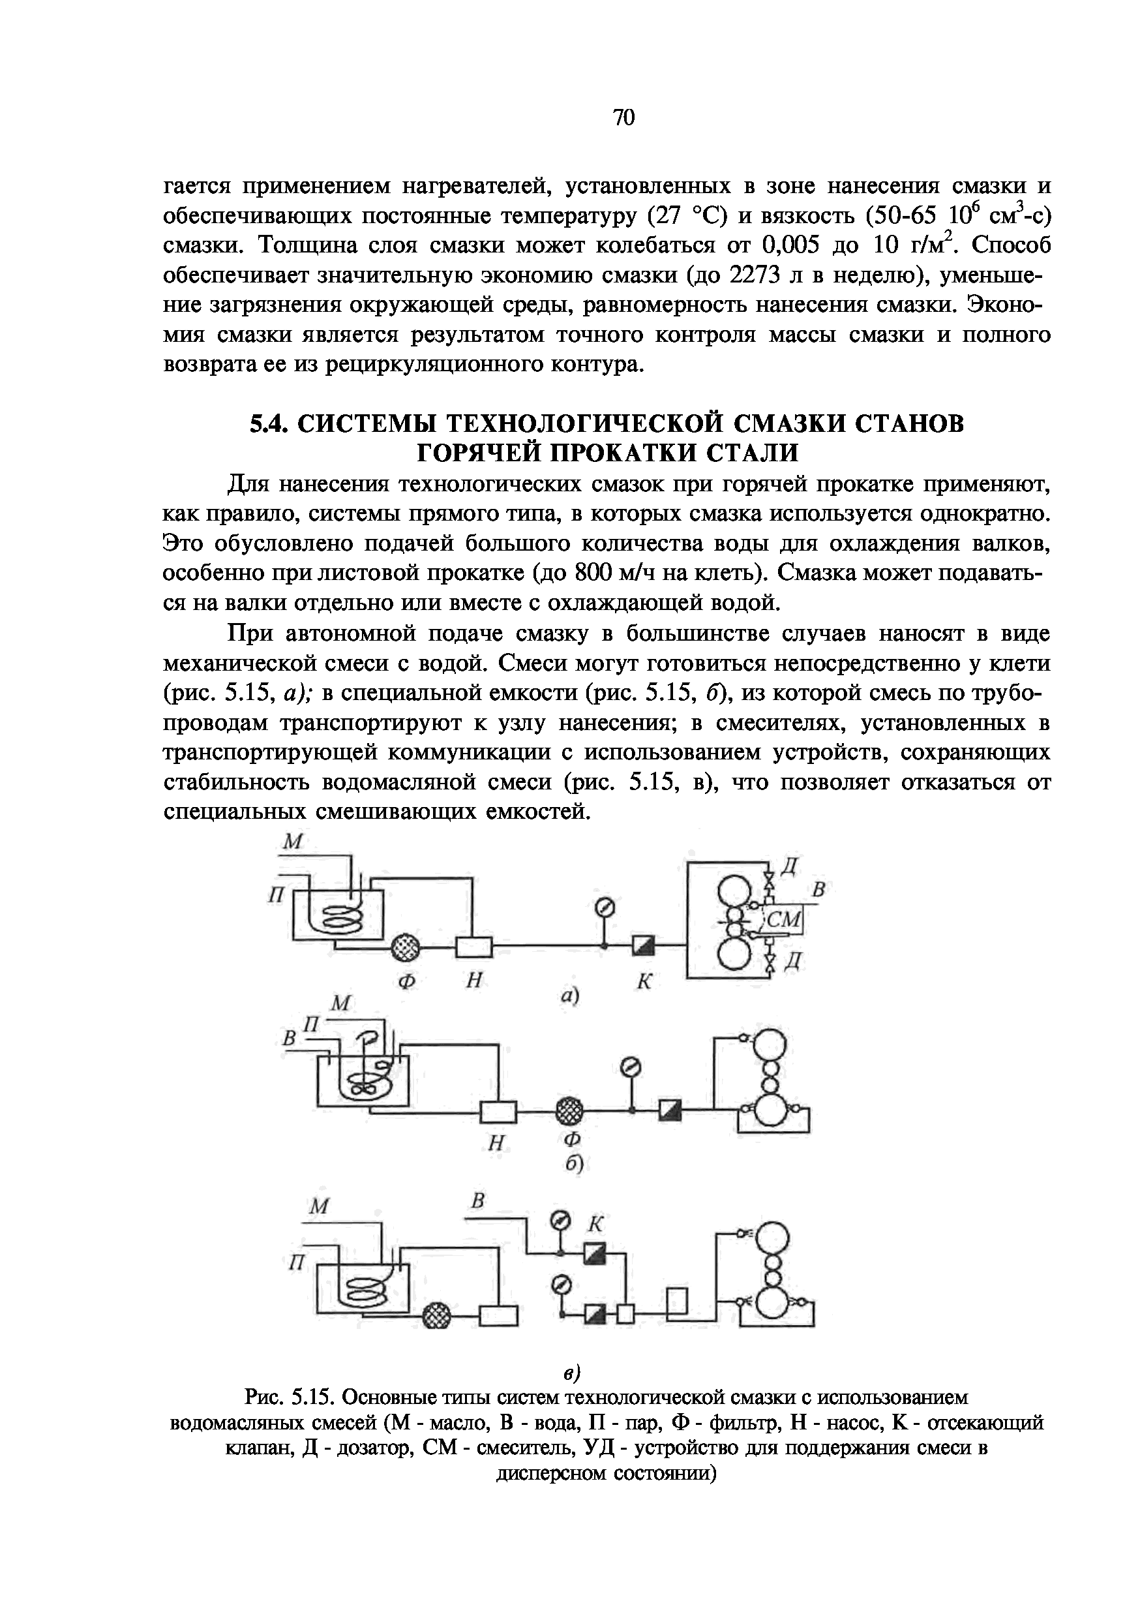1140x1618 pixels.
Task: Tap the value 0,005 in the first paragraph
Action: tap(792, 245)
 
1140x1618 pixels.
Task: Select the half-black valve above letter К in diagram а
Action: tap(642, 946)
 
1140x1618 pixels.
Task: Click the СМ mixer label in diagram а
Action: tap(784, 920)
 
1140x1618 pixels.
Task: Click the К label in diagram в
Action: tap(596, 1224)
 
